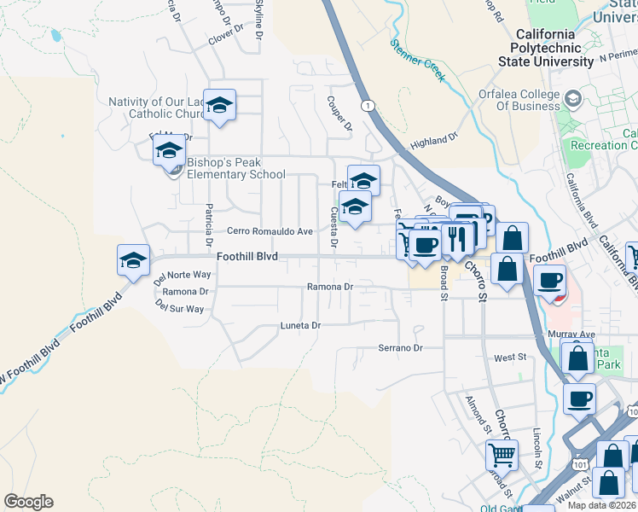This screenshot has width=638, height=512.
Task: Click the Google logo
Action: coord(28,502)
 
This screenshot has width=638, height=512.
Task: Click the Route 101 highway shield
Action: coord(581,464)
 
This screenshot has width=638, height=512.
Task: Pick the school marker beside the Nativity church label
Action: coord(219,105)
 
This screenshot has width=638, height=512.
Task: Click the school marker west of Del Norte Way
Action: coord(133,260)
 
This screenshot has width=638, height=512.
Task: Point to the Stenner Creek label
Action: coord(418,59)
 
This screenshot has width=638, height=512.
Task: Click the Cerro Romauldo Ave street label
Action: coord(270,231)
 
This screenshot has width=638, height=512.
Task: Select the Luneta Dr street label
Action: coord(300,326)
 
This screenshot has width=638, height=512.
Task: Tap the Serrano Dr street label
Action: coord(401,348)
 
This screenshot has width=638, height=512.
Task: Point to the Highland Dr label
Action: coord(434,141)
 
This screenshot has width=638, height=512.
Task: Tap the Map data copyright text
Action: coord(601,505)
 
